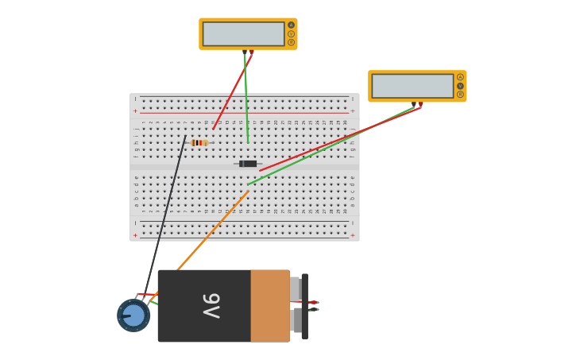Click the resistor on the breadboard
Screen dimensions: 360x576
[199, 143]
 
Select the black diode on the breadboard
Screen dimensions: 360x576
[248, 164]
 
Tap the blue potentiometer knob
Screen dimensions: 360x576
[133, 315]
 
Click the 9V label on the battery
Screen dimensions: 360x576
[211, 306]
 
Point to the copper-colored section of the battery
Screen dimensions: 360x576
[269, 306]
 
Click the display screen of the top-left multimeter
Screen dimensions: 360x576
[243, 33]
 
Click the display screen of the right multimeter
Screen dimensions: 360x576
[412, 86]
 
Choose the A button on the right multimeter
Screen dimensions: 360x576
[460, 77]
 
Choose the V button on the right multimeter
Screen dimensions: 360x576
[460, 86]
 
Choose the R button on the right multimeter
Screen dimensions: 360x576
[460, 95]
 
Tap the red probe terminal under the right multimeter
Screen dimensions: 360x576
[420, 104]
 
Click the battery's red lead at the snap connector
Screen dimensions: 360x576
[313, 302]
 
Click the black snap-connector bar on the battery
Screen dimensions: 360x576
[304, 306]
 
